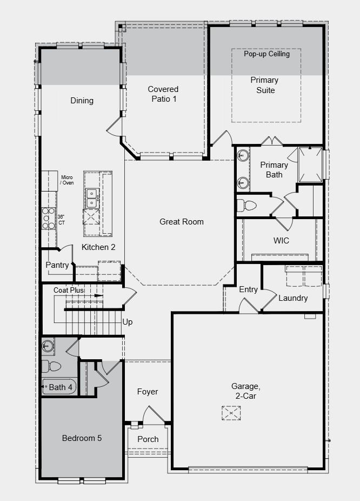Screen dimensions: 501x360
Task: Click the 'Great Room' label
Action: click(182, 221)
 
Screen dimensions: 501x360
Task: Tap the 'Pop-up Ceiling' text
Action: click(266, 54)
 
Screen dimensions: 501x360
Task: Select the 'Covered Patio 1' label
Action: click(163, 94)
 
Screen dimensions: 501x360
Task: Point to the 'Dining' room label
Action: click(82, 101)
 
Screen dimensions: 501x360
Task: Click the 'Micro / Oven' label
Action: click(67, 180)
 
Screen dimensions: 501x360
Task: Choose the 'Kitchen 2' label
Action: click(98, 247)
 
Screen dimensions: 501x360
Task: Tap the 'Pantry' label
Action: click(57, 265)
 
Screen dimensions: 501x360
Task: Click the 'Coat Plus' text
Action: click(69, 291)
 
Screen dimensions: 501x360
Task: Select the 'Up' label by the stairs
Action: click(128, 322)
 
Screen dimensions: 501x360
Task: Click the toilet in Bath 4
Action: click(52, 366)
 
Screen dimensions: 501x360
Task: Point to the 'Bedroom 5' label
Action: click(82, 438)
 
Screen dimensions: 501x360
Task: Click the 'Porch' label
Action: click(148, 439)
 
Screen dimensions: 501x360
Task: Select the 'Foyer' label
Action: click(148, 392)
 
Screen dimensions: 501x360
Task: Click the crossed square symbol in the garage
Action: click(231, 413)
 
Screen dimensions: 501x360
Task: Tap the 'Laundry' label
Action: click(293, 298)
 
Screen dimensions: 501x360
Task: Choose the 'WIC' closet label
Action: click(282, 241)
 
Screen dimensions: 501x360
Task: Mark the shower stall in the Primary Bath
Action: click(310, 164)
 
